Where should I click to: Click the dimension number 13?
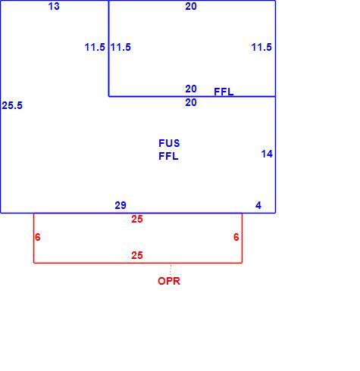54,6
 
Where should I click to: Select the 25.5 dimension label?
12,105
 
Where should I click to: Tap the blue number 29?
121,205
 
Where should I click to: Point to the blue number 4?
258,205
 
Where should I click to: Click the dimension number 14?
267,154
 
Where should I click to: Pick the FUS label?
169,143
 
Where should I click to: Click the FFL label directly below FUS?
168,156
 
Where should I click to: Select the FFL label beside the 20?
224,92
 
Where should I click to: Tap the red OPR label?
169,281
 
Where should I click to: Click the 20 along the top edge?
191,6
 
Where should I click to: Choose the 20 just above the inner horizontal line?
191,89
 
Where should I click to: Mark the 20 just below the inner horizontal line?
191,102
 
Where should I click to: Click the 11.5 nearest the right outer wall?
261,47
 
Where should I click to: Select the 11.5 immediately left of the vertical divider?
95,47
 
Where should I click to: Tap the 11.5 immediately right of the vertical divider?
121,47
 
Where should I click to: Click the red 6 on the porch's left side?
38,237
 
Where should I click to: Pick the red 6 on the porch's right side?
236,237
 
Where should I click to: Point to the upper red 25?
137,219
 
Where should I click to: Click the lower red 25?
137,255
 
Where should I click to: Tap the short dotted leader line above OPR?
171,270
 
